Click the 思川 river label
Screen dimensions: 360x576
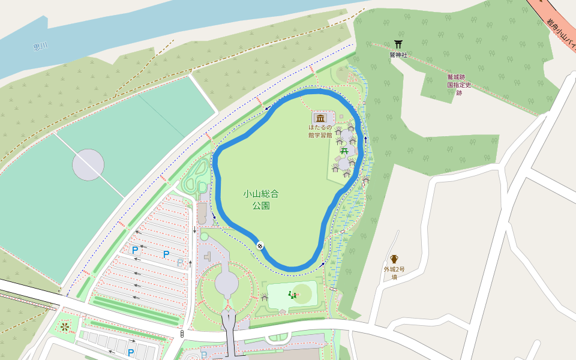[41, 46]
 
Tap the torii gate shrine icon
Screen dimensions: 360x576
[398, 44]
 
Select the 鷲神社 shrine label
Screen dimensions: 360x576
[398, 55]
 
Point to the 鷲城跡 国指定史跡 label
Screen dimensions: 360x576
[459, 85]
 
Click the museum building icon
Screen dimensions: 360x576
[320, 118]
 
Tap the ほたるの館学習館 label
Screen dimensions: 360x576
[320, 131]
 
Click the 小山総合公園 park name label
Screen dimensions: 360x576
[261, 199]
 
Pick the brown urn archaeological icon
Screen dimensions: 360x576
[394, 259]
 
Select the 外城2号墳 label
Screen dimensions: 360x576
[394, 273]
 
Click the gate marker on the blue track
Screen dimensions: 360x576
[260, 245]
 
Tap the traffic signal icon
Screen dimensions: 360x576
[182, 333]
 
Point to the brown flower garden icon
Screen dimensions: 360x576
[64, 328]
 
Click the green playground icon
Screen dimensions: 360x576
[293, 294]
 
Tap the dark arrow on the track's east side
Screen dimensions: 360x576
[365, 139]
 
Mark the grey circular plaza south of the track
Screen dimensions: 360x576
[227, 282]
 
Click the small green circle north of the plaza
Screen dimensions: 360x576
[204, 236]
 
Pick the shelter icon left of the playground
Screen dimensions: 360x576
[265, 297]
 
